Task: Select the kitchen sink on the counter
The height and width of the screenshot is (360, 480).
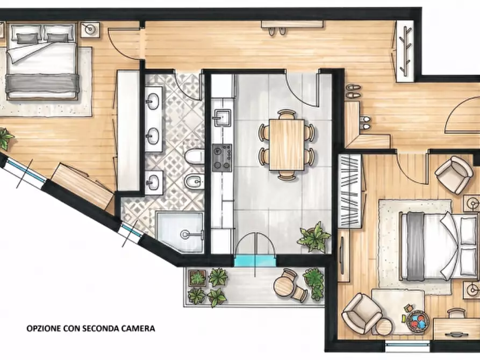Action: pos(222,118)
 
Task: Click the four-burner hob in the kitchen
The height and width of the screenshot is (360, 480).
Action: pos(222,157)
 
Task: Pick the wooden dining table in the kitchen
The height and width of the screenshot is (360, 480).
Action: pos(287,145)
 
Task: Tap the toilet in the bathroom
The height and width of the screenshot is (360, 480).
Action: pos(194,156)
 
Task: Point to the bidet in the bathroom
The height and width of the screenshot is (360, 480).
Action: pos(194,183)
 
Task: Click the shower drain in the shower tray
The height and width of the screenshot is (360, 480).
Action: pos(185,234)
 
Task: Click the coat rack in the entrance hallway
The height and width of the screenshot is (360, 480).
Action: pos(405,51)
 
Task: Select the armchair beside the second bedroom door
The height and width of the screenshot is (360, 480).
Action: pos(454,175)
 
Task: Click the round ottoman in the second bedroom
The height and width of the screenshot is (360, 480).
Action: pos(384,327)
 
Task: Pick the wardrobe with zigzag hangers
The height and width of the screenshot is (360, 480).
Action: pos(350,191)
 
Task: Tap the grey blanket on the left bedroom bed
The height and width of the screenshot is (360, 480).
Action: pos(42,83)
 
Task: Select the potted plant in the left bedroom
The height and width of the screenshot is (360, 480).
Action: pos(5,139)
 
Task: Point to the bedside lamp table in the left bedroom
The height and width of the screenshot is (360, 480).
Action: pos(90,30)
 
